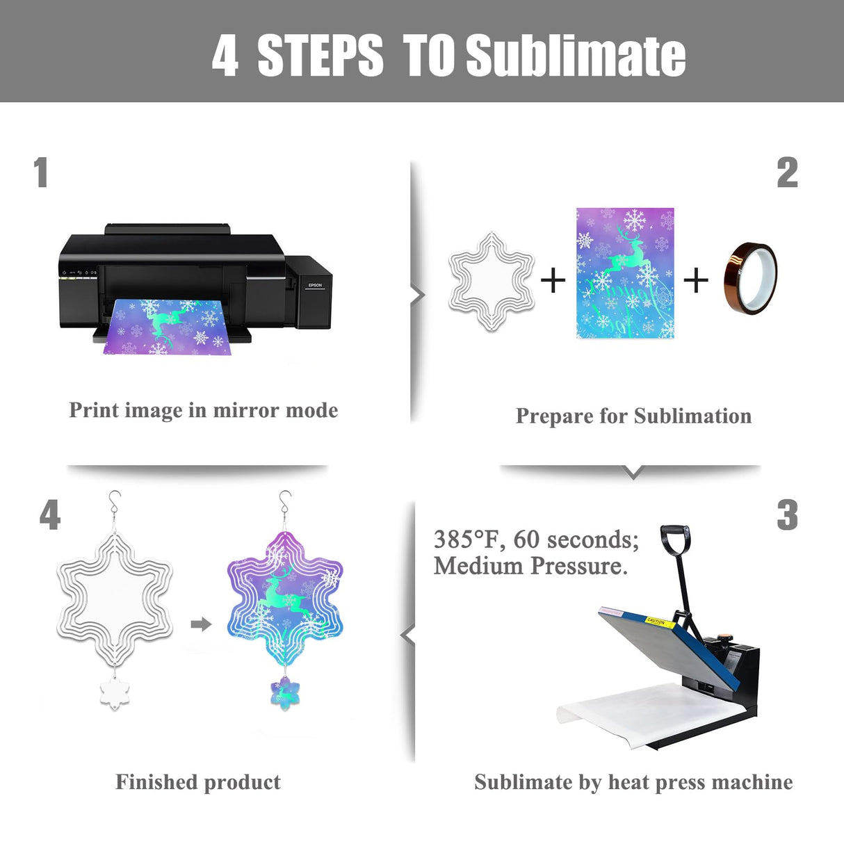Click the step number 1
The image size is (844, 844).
pyautogui.click(x=41, y=172)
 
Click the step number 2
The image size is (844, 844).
pyautogui.click(x=787, y=172)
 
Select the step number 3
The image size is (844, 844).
pyautogui.click(x=787, y=515)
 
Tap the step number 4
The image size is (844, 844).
pyautogui.click(x=50, y=515)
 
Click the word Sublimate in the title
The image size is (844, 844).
pyautogui.click(x=576, y=56)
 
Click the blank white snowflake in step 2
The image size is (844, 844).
pyautogui.click(x=492, y=280)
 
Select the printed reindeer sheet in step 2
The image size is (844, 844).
pyautogui.click(x=625, y=273)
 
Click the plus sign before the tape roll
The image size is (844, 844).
pyautogui.click(x=695, y=281)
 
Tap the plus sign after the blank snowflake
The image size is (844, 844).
pyautogui.click(x=553, y=281)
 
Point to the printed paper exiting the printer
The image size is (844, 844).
pyautogui.click(x=167, y=327)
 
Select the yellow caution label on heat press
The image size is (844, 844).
pyautogui.click(x=656, y=621)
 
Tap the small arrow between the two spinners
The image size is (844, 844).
pyautogui.click(x=201, y=624)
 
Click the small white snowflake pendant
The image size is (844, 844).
pyautogui.click(x=115, y=693)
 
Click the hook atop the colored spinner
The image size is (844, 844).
pyautogui.click(x=284, y=501)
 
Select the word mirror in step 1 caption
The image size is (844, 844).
pyautogui.click(x=245, y=410)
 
